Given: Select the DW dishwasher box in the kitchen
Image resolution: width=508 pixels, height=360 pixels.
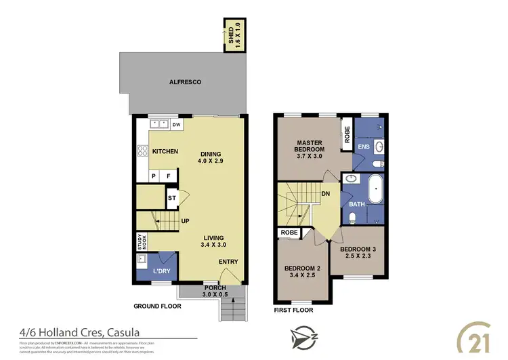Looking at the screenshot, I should (x=176, y=125).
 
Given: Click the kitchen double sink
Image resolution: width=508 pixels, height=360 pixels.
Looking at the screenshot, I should (x=160, y=124).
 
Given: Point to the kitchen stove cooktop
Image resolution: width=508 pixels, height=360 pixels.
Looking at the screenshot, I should (x=142, y=152).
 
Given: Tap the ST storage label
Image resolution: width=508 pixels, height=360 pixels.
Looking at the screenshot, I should (x=172, y=198).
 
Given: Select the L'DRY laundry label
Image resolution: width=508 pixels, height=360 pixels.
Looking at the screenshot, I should (x=161, y=271).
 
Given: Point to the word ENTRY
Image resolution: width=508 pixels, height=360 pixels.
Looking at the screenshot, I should (x=228, y=262).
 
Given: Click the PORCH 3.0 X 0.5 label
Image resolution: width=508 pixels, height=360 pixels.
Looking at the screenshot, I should (x=215, y=291).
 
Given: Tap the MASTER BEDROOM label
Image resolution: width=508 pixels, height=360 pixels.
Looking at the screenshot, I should (x=310, y=149).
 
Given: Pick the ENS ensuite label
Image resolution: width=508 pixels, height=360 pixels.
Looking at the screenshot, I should (x=364, y=146).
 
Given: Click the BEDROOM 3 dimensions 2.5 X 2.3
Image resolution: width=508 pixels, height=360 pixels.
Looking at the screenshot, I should (x=356, y=256).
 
